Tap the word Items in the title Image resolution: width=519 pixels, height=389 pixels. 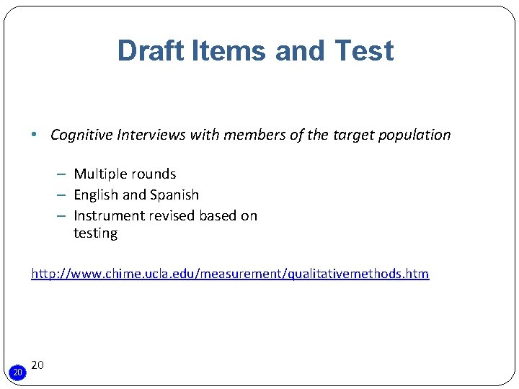point(226,51)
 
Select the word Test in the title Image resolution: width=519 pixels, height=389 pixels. point(363,51)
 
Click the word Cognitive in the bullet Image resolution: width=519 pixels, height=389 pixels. point(82,135)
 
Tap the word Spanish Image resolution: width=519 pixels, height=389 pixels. point(174,194)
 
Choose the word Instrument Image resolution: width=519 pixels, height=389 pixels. point(108,215)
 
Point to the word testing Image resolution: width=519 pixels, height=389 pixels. point(95,233)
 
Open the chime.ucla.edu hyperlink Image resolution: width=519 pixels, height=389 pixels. point(229,274)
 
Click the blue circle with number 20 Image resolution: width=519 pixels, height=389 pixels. point(18,372)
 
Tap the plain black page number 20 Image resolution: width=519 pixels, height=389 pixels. point(38,365)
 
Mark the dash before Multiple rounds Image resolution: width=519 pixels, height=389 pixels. point(63,174)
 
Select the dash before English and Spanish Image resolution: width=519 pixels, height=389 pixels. point(63,194)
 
